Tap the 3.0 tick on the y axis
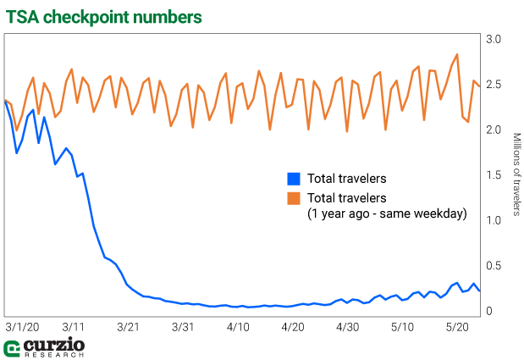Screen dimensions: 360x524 494,40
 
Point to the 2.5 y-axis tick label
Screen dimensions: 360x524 494,85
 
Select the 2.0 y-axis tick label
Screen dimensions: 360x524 494,130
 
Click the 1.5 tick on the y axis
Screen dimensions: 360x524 494,175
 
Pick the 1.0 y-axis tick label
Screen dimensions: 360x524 494,220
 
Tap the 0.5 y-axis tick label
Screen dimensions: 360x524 494,266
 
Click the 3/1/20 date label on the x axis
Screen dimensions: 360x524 22,326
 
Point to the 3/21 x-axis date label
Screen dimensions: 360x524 129,326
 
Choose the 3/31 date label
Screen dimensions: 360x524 183,326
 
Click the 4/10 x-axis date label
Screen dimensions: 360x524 238,326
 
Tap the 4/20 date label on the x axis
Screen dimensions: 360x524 293,326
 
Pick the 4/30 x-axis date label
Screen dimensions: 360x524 347,326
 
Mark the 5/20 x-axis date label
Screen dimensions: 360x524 457,326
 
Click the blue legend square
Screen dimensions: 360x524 294,179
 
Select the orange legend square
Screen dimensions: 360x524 294,198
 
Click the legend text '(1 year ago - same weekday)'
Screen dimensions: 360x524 387,214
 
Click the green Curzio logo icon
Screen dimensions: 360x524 12,349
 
